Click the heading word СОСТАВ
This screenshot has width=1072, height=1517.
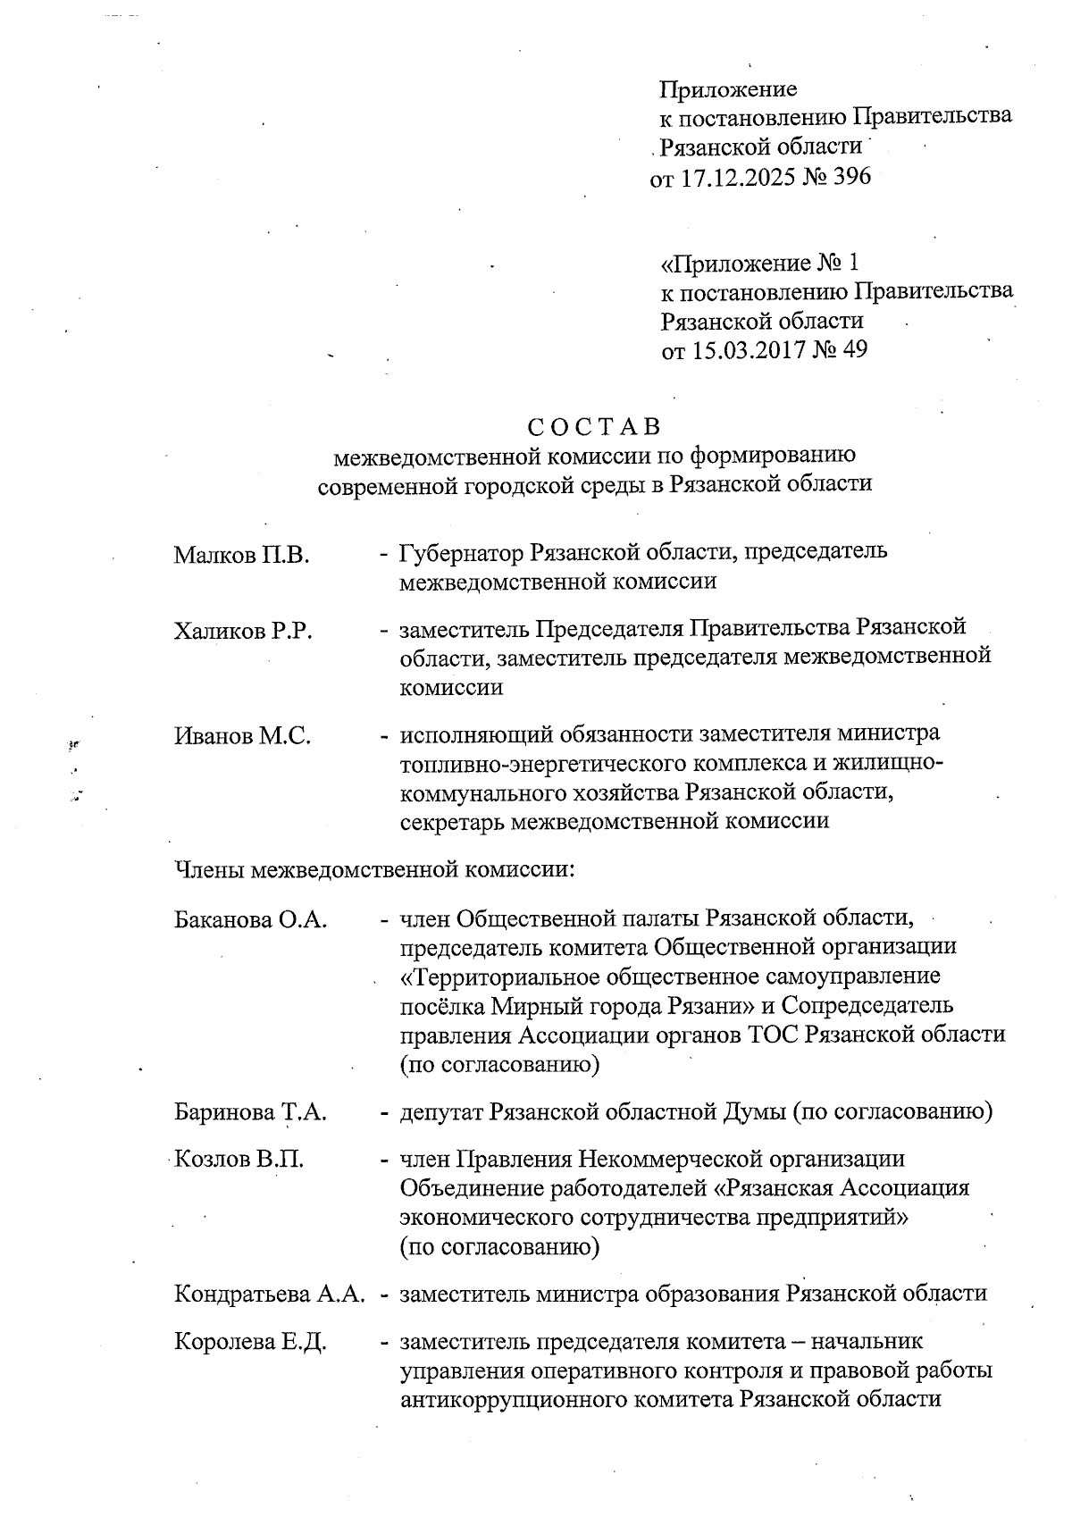[593, 426]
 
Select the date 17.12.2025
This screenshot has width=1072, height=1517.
[739, 176]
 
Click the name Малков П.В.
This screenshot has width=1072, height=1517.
[241, 556]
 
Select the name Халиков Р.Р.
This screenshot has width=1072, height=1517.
[243, 632]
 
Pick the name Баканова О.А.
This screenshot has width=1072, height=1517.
[250, 919]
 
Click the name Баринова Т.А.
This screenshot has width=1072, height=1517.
[250, 1112]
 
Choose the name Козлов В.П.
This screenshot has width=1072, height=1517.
[239, 1160]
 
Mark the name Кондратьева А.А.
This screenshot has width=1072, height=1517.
[270, 1295]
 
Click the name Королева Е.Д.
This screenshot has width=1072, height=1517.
[250, 1342]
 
